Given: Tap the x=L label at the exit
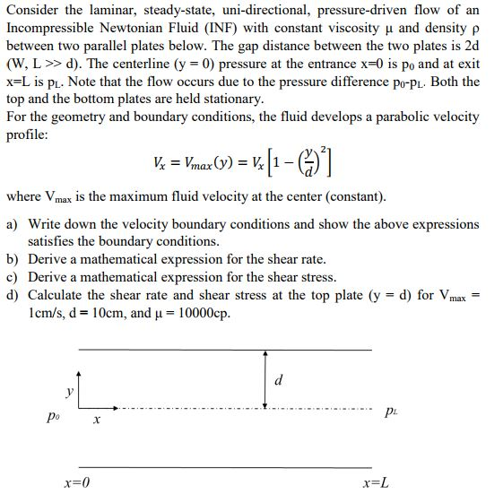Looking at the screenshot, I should pos(375,483).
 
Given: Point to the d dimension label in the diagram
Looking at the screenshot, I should pos(279,379).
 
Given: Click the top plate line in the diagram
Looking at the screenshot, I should pos(224,348).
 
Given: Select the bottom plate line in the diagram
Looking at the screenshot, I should pos(224,467).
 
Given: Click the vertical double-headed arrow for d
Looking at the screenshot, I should pos(265,378).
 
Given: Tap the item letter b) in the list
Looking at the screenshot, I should pos(13,259).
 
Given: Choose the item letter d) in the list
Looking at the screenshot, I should pos(13,295).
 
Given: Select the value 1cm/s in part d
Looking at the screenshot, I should pos(48,313).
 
